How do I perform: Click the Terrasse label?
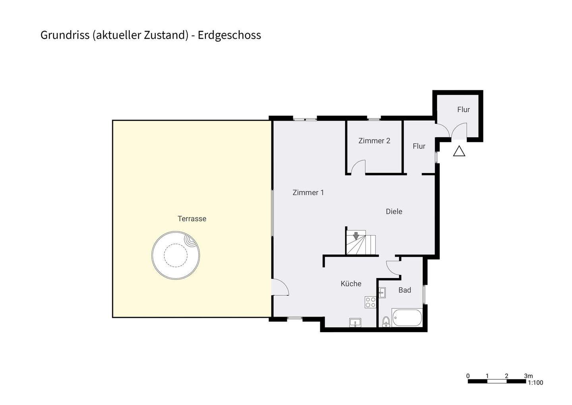click(192, 218)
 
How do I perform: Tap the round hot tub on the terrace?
click(176, 255)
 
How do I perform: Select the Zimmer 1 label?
click(308, 193)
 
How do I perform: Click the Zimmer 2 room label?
click(374, 141)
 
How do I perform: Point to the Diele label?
click(394, 212)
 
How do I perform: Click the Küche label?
click(351, 284)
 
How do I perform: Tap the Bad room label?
click(405, 290)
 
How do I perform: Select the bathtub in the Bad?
click(407, 317)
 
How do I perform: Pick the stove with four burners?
click(371, 302)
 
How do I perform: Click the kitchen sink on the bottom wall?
click(355, 322)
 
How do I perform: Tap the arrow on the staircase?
click(356, 236)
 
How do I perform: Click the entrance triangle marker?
click(459, 152)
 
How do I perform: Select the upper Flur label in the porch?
click(464, 109)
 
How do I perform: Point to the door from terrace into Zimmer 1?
click(280, 287)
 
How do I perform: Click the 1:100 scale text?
click(535, 383)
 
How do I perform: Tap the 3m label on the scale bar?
click(528, 376)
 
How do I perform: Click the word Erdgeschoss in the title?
click(229, 35)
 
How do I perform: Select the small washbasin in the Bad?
click(382, 293)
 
